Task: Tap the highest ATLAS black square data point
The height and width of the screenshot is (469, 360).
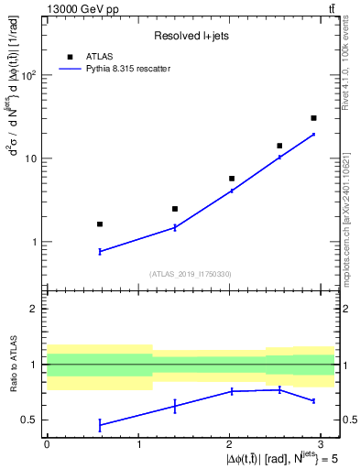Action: (313, 118)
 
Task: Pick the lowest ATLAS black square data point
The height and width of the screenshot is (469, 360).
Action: (100, 224)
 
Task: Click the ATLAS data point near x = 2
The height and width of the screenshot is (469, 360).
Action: (232, 179)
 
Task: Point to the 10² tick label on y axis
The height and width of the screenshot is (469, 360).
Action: (29, 75)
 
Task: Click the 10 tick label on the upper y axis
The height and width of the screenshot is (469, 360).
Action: (32, 158)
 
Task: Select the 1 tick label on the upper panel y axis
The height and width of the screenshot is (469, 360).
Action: (35, 242)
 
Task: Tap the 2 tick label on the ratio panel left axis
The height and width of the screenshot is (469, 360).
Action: (35, 309)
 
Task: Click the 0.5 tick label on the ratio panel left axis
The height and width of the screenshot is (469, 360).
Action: (30, 420)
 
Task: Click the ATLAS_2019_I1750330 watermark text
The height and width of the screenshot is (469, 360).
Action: (191, 274)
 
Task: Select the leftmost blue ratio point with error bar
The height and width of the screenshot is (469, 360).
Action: (100, 424)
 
